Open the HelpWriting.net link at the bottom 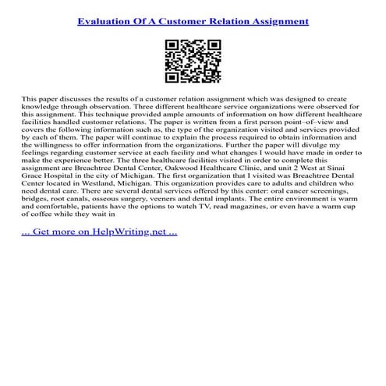(100, 232)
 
